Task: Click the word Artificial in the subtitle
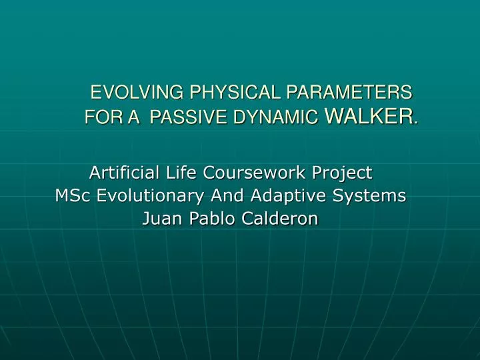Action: pos(123,173)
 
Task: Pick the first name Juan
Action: pos(162,219)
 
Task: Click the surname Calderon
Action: pos(282,219)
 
